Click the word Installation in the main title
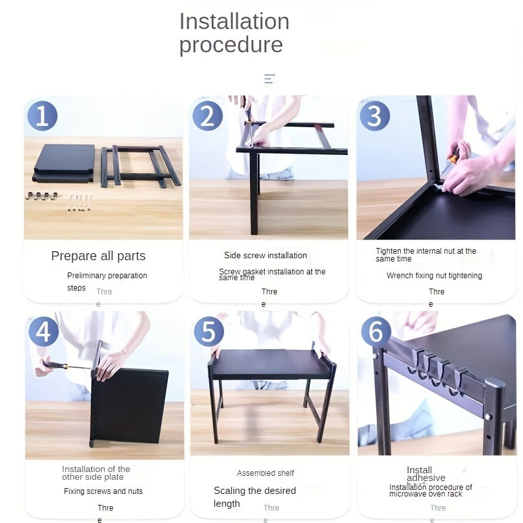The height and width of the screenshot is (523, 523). point(234,21)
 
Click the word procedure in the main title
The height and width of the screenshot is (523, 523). point(231,45)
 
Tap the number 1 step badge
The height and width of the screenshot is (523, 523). point(43,116)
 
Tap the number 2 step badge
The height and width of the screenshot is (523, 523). point(207,116)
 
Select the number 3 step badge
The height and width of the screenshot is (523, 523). point(374,116)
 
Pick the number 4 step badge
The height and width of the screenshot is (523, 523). point(43,331)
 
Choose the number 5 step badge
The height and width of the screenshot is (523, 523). point(209,331)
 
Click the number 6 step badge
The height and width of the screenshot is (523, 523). point(376,331)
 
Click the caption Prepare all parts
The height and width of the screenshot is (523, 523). point(98,256)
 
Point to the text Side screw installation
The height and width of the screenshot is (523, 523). point(265,255)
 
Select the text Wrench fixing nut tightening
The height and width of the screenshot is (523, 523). point(434,276)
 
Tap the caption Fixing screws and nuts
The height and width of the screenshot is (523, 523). point(103,491)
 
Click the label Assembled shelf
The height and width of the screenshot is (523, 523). point(265,473)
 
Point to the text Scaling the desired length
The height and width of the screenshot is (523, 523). point(254,497)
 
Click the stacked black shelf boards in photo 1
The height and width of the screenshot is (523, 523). point(65,163)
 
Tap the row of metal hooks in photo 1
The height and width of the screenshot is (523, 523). point(41,196)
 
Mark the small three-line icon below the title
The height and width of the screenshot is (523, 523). point(269,79)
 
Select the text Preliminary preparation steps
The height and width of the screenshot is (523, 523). point(107,281)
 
